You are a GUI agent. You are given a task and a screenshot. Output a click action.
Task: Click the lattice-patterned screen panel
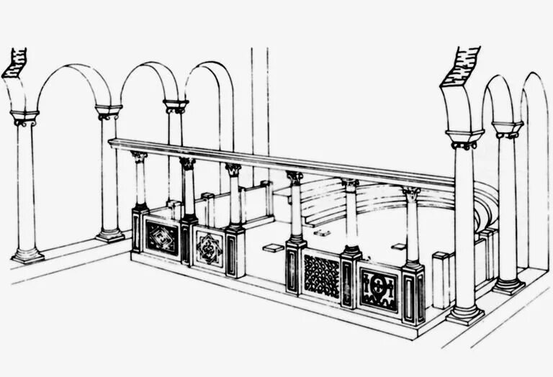point(321,276)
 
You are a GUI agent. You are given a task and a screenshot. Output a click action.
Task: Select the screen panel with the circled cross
point(378,290)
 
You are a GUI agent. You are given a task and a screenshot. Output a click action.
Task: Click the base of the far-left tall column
point(27,255)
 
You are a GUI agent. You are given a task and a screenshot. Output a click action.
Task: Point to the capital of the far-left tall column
point(24,117)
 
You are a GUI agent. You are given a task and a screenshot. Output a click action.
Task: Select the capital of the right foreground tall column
point(464,138)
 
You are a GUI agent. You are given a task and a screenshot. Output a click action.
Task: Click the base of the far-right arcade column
point(508,285)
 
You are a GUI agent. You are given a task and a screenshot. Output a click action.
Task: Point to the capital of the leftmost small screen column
point(139,156)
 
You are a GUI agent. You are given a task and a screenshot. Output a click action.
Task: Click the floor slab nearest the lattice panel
point(273,248)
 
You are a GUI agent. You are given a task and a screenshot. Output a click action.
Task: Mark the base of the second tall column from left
point(110,235)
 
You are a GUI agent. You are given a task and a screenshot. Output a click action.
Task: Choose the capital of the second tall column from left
point(108,112)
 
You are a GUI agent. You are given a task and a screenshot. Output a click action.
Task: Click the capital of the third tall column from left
point(175,106)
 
